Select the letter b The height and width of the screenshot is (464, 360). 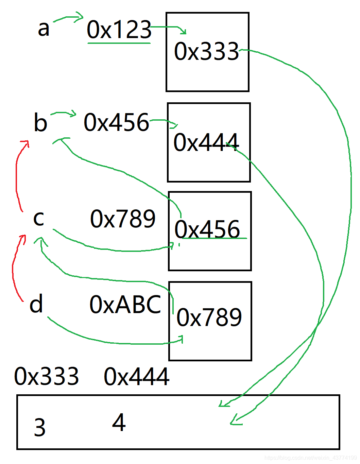click(40, 122)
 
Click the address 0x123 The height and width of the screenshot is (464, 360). click(119, 29)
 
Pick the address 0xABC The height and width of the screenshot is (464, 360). click(125, 304)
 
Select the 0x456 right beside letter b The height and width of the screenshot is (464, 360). click(116, 122)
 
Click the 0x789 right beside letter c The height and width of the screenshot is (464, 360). click(123, 219)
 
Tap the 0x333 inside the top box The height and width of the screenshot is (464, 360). click(206, 51)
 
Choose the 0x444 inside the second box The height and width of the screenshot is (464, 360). click(206, 142)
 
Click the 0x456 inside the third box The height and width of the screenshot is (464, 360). click(207, 229)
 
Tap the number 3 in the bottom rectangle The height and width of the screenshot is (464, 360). click(40, 427)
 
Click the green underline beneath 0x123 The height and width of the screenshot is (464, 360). click(119, 43)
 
